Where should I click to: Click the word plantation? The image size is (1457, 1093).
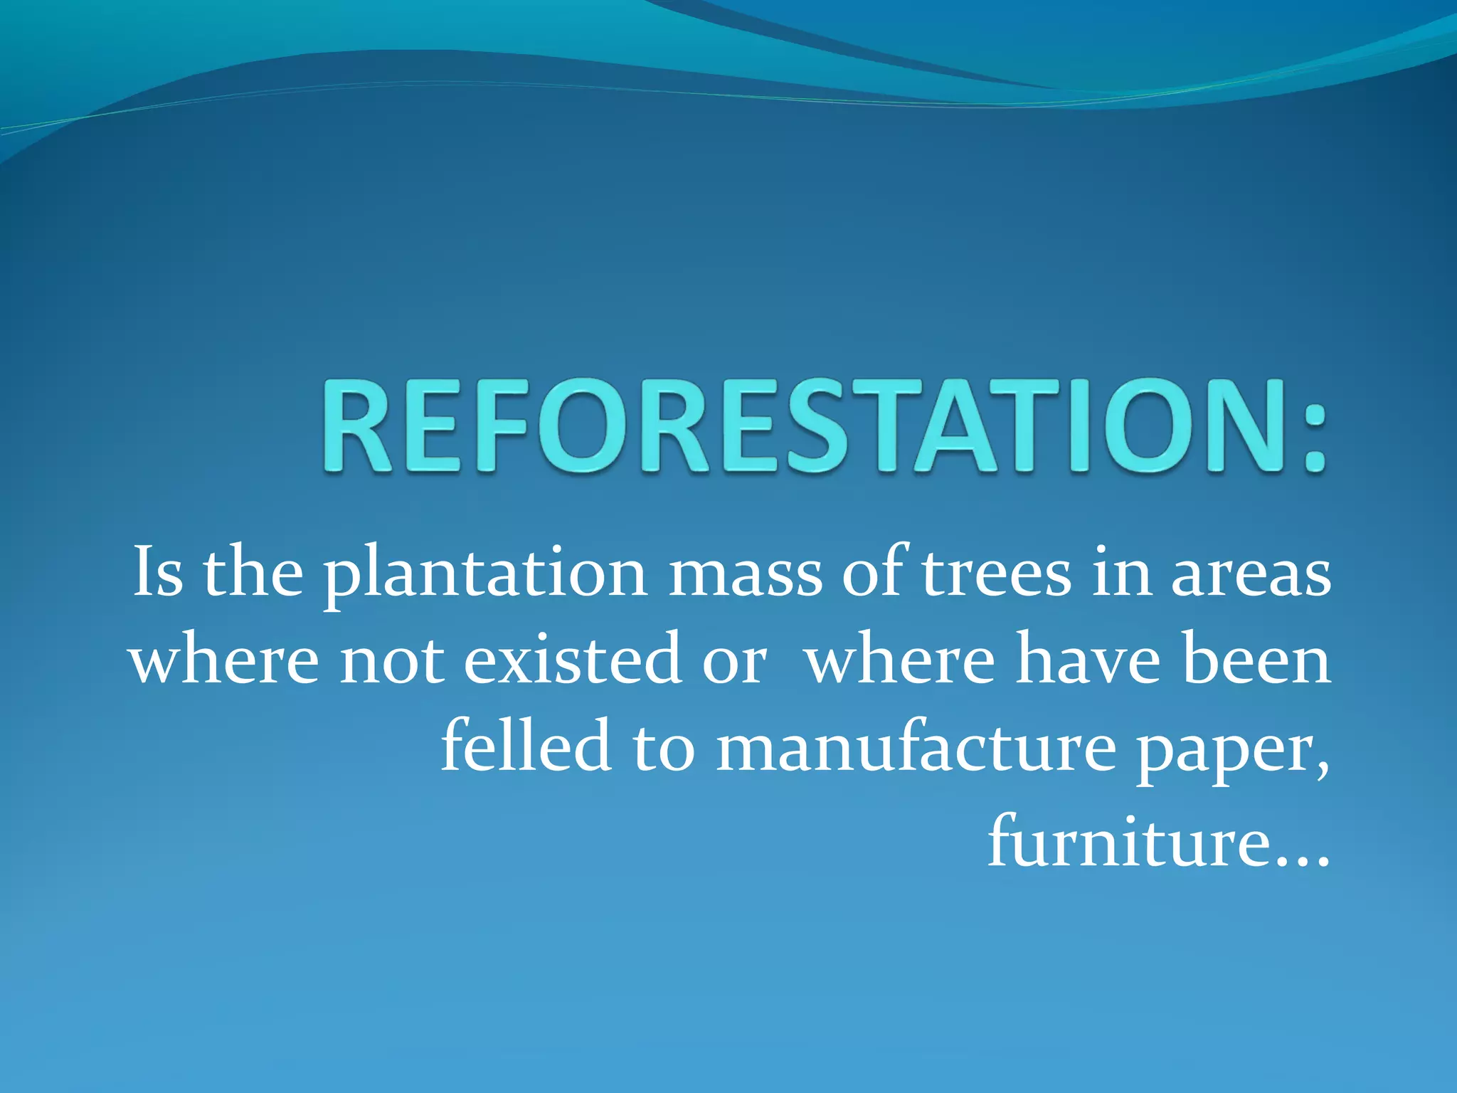point(485,576)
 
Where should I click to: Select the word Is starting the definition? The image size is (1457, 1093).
point(158,574)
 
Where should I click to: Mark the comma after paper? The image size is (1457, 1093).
point(1322,772)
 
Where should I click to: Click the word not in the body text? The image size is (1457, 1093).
point(391,662)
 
